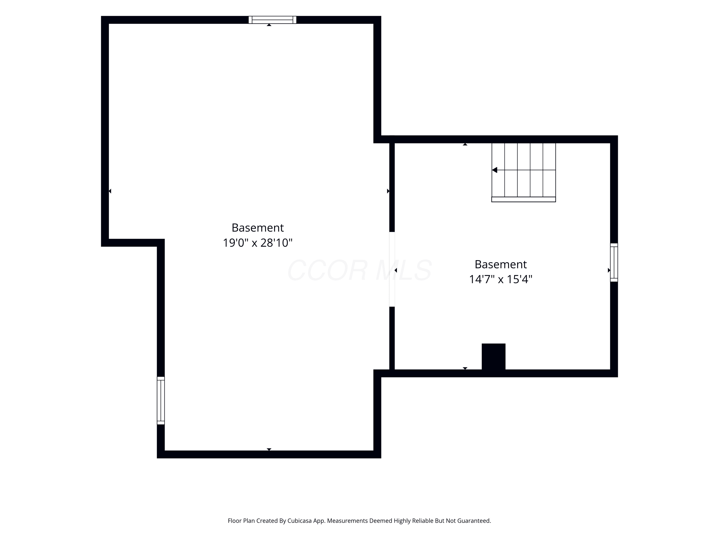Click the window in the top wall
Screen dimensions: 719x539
point(273,20)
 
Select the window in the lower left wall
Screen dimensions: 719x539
point(161,401)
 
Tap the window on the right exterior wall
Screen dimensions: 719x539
point(614,263)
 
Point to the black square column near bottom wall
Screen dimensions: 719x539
point(493,357)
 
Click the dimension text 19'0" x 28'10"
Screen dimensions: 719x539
point(258,243)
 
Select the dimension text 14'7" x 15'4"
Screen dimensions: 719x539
point(501,279)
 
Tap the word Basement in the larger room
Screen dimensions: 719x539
point(258,228)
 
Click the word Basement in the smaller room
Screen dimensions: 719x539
point(501,264)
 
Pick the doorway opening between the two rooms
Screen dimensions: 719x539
point(392,269)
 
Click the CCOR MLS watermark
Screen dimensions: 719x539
point(359,270)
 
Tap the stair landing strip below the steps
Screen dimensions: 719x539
point(524,200)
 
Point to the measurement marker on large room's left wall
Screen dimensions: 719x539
point(110,191)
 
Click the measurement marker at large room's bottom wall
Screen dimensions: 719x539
point(269,449)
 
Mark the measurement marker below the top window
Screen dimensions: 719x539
point(269,25)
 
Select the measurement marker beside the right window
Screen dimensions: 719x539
point(609,270)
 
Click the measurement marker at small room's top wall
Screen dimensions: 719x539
point(465,144)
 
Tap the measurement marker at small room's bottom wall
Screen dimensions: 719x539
point(465,368)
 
